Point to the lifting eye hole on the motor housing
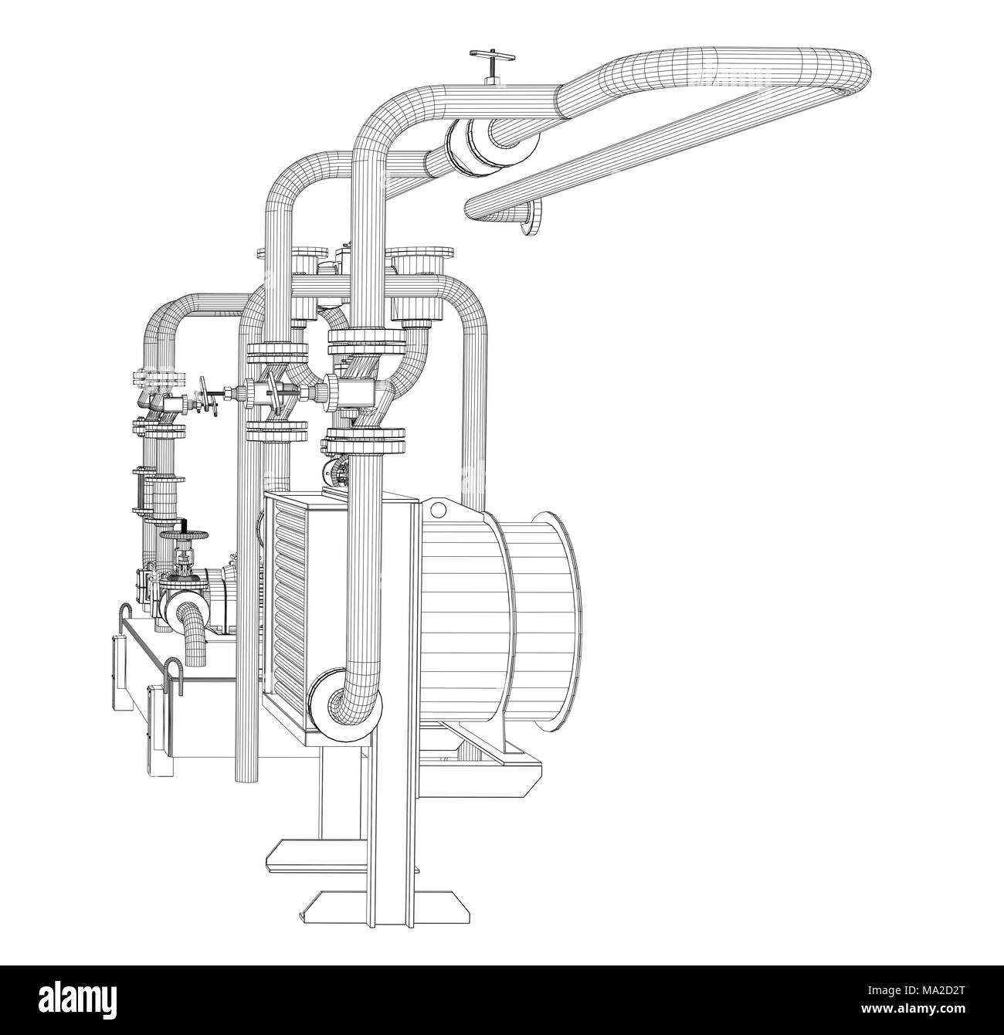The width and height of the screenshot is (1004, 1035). tap(439, 510)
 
